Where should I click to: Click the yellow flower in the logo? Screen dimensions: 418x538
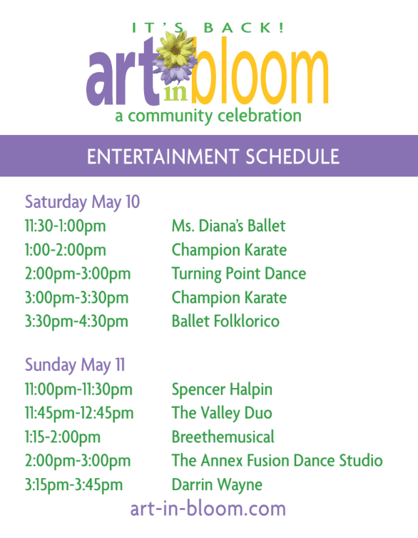pyautogui.click(x=175, y=49)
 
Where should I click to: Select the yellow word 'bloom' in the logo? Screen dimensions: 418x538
pyautogui.click(x=260, y=70)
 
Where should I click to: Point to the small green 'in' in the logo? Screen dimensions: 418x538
pyautogui.click(x=175, y=93)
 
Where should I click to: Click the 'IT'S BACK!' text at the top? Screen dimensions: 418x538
pyautogui.click(x=208, y=28)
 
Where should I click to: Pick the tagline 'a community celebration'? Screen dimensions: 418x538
pyautogui.click(x=208, y=116)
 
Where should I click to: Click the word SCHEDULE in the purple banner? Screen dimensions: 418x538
pyautogui.click(x=292, y=156)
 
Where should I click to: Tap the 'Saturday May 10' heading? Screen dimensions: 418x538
pyautogui.click(x=82, y=202)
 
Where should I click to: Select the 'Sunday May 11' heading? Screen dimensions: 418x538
pyautogui.click(x=75, y=365)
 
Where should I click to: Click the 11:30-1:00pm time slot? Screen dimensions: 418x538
pyautogui.click(x=65, y=226)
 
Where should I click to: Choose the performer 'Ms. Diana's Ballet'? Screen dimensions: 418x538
pyautogui.click(x=228, y=226)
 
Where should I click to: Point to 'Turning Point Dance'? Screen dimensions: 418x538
pyautogui.click(x=239, y=274)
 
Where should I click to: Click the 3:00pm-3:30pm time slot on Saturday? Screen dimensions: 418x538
pyautogui.click(x=76, y=298)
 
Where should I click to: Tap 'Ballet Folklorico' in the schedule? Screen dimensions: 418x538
pyautogui.click(x=225, y=321)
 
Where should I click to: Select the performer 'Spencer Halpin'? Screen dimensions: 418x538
pyautogui.click(x=222, y=390)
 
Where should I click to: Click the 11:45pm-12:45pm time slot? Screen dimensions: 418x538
pyautogui.click(x=79, y=414)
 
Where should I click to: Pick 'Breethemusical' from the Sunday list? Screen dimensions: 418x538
pyautogui.click(x=223, y=437)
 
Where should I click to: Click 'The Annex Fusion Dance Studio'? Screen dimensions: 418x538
pyautogui.click(x=277, y=460)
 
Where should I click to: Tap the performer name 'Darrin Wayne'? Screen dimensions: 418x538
pyautogui.click(x=217, y=485)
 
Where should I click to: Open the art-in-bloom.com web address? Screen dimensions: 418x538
pyautogui.click(x=208, y=509)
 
